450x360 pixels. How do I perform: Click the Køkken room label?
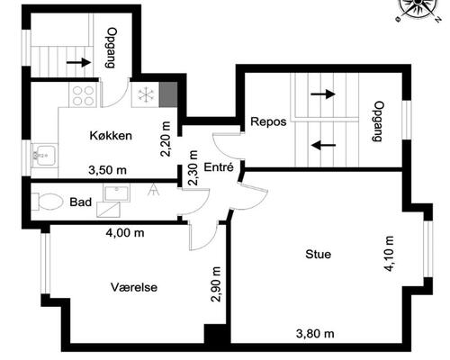(x=111, y=136)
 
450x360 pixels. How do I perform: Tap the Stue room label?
(x=319, y=255)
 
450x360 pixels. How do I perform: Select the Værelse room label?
(x=134, y=287)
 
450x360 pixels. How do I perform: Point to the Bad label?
(x=81, y=202)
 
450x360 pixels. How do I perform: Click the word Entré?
(x=219, y=167)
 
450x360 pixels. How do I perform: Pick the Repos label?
(x=268, y=121)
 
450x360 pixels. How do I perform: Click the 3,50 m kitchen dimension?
(x=108, y=170)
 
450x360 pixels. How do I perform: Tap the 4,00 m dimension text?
(x=125, y=232)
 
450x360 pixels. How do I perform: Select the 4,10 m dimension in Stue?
(x=389, y=254)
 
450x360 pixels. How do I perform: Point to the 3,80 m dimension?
(x=315, y=334)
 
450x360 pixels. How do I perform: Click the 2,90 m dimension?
(x=216, y=284)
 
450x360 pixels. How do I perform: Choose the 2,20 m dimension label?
(x=166, y=139)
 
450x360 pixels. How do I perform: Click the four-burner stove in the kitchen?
(x=83, y=95)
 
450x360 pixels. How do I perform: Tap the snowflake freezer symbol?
(x=146, y=94)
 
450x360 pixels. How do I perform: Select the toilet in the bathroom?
(x=47, y=202)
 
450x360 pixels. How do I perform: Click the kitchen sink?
(x=44, y=155)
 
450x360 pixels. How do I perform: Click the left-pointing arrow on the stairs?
(x=323, y=145)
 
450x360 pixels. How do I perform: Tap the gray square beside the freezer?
(x=168, y=94)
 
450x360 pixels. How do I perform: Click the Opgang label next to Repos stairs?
(x=379, y=121)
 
